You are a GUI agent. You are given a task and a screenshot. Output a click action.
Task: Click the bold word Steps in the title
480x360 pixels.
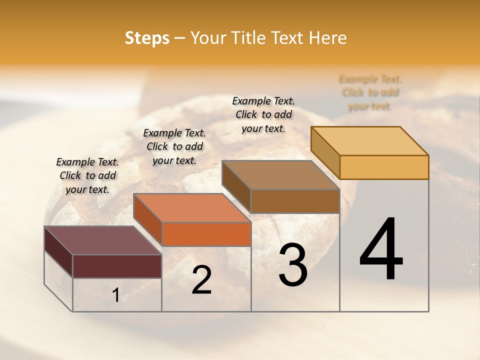click(x=147, y=38)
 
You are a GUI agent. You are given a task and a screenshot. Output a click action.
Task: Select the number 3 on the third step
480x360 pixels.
click(x=293, y=264)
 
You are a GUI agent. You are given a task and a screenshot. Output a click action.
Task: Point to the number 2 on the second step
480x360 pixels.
click(x=201, y=280)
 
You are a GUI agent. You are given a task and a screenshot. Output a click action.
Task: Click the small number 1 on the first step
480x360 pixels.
click(x=115, y=295)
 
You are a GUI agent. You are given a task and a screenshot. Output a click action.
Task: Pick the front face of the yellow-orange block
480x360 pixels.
click(x=384, y=167)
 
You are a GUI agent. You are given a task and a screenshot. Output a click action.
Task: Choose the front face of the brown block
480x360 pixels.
click(x=295, y=201)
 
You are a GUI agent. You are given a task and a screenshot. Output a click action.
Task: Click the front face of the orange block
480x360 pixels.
click(x=206, y=234)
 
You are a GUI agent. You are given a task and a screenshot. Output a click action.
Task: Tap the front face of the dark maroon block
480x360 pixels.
click(x=117, y=266)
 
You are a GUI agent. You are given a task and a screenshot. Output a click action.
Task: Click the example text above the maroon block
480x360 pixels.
click(x=87, y=175)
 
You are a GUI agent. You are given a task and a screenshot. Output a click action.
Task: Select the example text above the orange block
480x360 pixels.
click(x=174, y=146)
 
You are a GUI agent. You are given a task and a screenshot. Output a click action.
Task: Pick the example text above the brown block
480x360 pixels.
click(x=263, y=114)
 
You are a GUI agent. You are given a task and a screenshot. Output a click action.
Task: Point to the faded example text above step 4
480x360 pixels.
click(x=370, y=92)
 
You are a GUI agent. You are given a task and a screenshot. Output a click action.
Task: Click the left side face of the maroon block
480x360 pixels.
click(x=58, y=251)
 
